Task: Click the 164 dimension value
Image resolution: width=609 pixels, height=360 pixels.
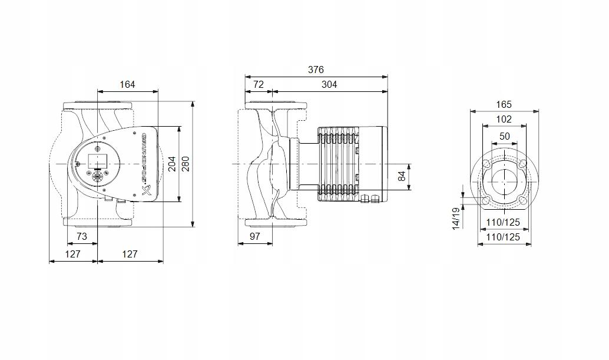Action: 127,84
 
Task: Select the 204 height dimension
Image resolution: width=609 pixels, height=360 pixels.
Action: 172,164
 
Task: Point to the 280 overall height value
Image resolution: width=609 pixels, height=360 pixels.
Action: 186,164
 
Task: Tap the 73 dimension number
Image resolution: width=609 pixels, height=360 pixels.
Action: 82,236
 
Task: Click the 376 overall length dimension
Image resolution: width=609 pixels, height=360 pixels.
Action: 316,70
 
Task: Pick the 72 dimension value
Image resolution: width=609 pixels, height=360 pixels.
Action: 259,84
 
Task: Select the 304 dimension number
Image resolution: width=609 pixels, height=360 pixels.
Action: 329,84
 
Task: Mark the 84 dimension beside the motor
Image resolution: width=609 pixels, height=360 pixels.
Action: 403,176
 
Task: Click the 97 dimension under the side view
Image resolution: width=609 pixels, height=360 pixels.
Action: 254,236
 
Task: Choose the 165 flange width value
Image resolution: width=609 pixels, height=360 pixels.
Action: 504,104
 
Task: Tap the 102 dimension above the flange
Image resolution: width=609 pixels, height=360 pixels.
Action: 504,119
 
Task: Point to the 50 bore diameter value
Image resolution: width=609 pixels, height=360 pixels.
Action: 504,136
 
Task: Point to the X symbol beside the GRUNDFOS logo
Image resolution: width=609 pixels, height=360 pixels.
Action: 147,190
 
